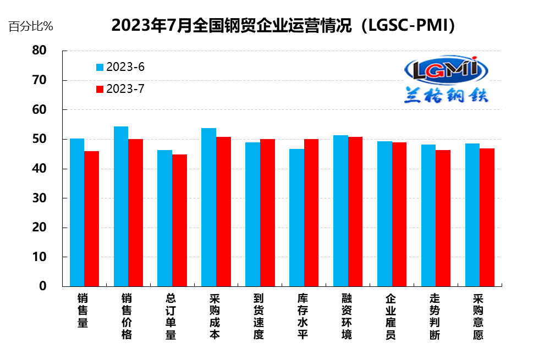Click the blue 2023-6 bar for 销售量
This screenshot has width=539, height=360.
[77, 212]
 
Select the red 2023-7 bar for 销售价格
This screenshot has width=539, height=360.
[135, 213]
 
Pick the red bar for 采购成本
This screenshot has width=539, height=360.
[223, 212]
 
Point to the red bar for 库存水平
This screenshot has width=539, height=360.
[311, 213]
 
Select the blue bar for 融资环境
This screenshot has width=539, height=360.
[340, 211]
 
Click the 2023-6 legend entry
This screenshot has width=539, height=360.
[120, 67]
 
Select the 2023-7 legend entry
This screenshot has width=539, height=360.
[120, 89]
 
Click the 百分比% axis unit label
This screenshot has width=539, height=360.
[31, 26]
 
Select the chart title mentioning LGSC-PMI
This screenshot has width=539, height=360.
[283, 25]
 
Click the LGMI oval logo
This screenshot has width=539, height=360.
[446, 69]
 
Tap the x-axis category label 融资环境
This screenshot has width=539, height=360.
[346, 317]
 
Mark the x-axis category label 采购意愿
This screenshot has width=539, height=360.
[479, 317]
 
